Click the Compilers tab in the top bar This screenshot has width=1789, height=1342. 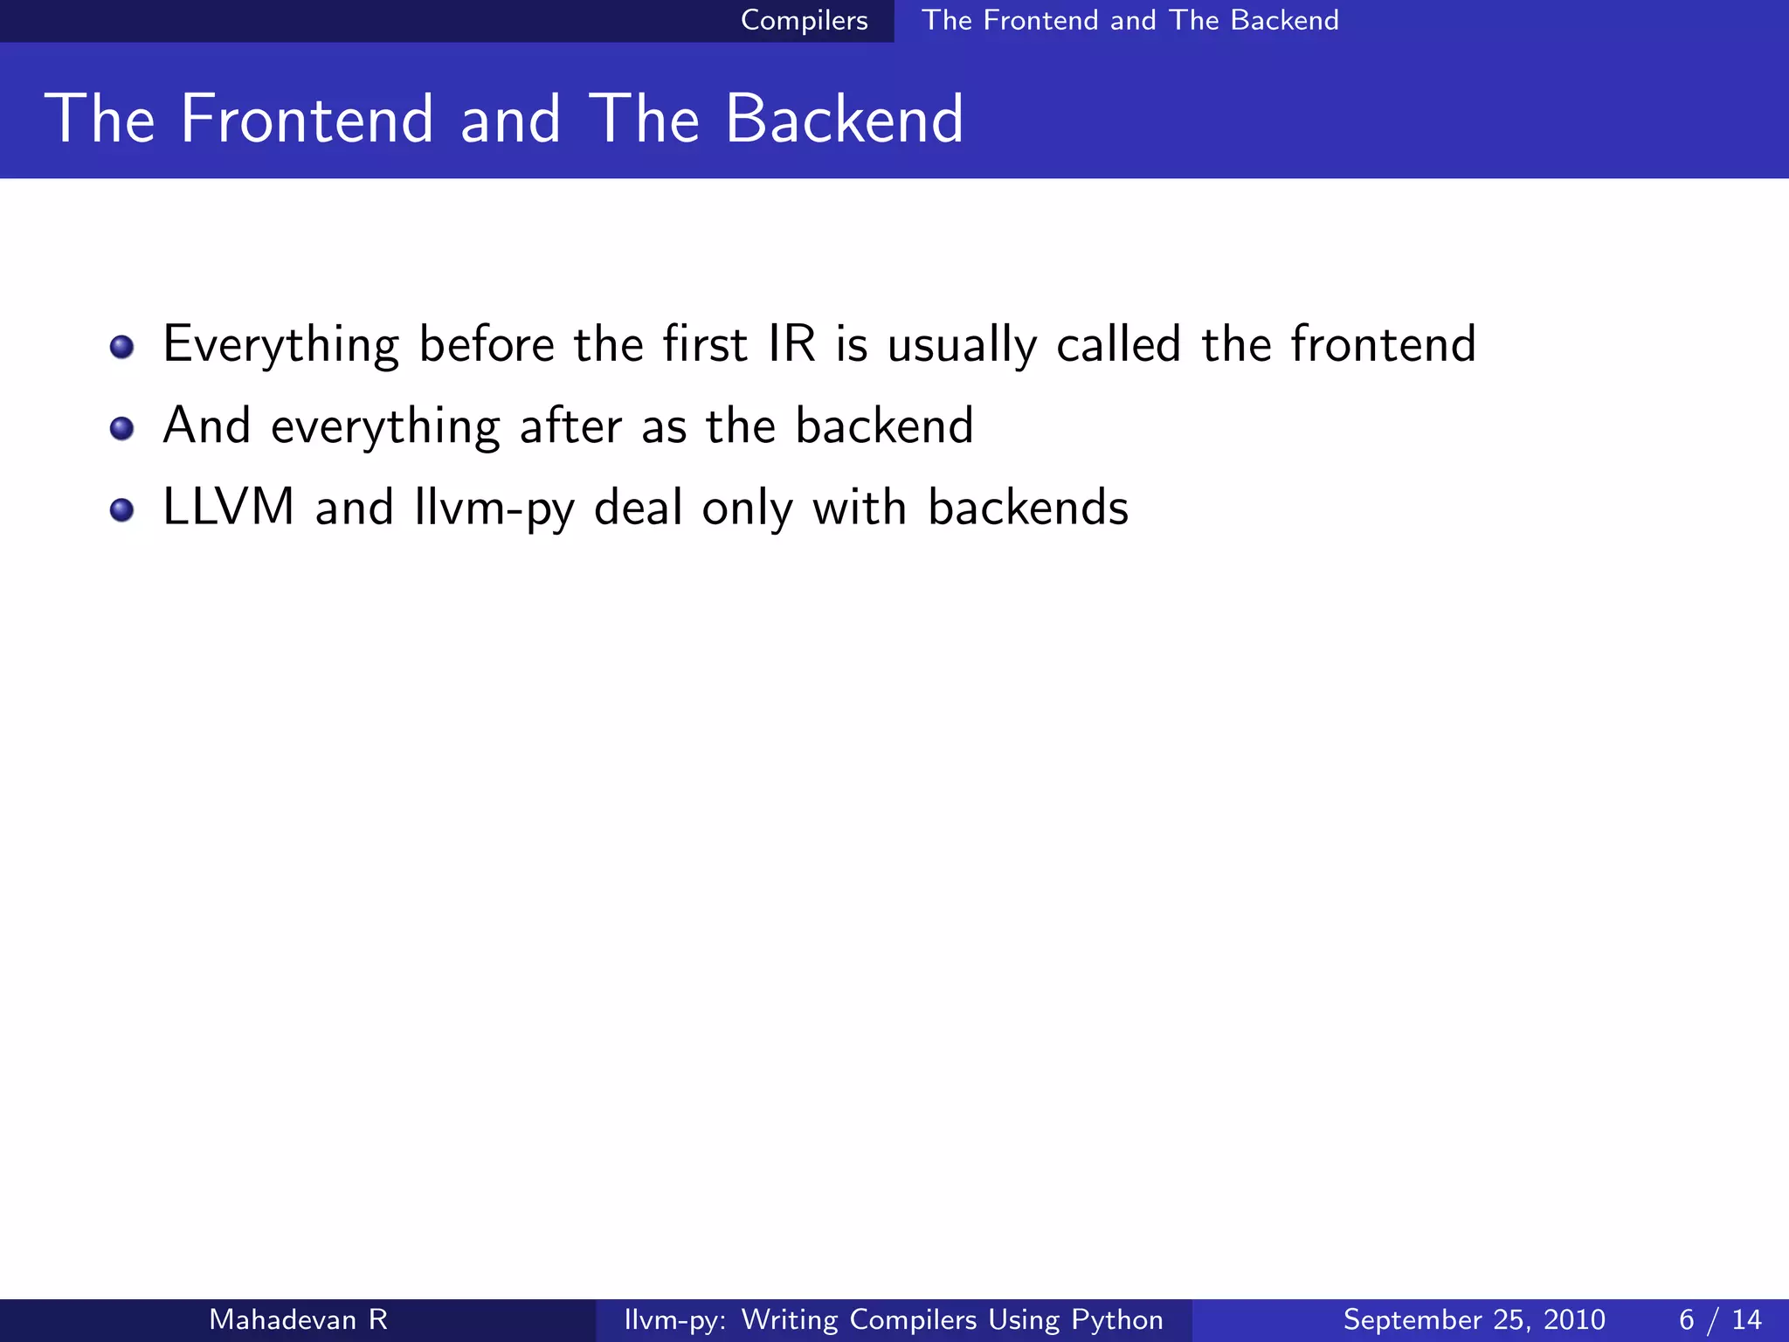pos(804,20)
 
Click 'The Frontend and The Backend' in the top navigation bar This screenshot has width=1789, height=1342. pos(1129,20)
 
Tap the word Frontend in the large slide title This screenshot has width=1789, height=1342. pos(307,119)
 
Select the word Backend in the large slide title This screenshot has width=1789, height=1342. pos(844,119)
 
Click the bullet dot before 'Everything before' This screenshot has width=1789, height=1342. pos(122,347)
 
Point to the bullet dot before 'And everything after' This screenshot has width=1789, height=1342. pos(122,428)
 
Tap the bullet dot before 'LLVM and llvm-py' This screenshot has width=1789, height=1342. pos(122,509)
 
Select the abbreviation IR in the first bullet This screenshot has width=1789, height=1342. pos(791,343)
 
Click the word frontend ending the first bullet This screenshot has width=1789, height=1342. pos(1383,343)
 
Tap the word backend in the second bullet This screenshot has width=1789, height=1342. pos(884,425)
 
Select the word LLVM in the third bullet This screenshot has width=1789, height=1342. pos(229,507)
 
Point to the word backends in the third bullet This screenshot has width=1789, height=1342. pos(1027,507)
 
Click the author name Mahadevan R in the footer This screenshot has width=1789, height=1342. pos(298,1319)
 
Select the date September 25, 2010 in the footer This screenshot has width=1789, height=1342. pos(1474,1319)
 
